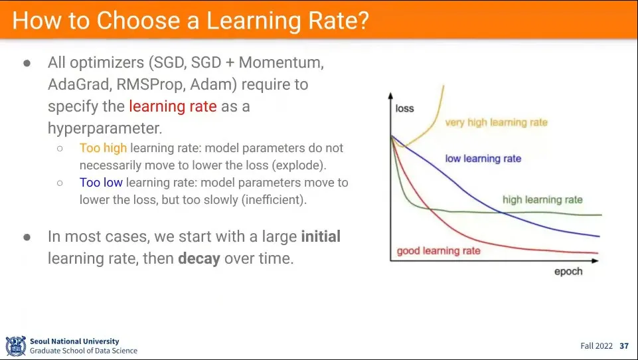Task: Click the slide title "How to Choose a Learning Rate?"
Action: [191, 21]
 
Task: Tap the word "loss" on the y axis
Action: [404, 108]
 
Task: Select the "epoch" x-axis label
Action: [568, 272]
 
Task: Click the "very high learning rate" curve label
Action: [497, 123]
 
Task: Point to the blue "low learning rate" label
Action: [483, 159]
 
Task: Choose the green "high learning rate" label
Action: [542, 199]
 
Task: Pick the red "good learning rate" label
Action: [439, 251]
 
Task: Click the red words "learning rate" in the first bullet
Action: [173, 106]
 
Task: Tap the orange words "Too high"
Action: [103, 148]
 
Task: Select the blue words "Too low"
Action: [101, 183]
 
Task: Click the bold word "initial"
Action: [321, 236]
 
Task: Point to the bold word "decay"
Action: [199, 258]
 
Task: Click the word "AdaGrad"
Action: [80, 84]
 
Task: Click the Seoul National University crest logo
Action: [16, 346]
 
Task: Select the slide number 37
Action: [624, 346]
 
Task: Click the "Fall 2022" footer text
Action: [596, 346]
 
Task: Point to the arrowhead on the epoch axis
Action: [596, 260]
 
